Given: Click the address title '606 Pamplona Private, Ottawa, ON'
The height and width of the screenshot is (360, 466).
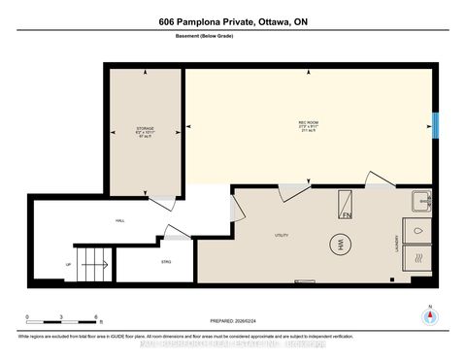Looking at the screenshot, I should tap(232, 22).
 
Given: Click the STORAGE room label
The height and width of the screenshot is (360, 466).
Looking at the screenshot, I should tap(145, 127).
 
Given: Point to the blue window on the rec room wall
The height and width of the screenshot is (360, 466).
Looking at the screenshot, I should tap(436, 125).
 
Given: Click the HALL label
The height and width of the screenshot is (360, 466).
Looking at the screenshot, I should tap(119, 221).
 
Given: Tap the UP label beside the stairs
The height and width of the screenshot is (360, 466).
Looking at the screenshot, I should tap(68, 264).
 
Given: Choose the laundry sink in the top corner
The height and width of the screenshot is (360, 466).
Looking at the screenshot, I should tap(421, 202).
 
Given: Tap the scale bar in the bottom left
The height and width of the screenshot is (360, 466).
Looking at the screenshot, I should tap(62, 316).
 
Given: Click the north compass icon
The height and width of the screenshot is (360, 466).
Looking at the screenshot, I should tap(428, 315).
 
